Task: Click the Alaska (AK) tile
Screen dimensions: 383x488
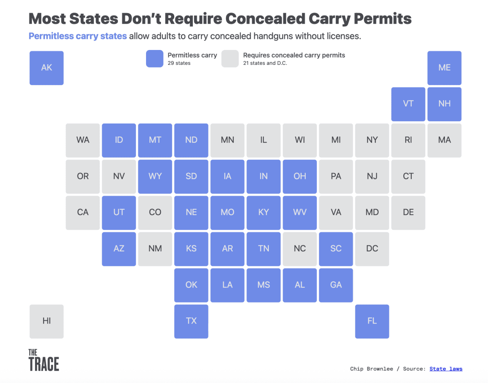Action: point(47,68)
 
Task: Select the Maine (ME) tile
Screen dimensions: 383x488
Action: point(444,68)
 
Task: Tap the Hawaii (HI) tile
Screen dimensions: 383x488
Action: point(47,321)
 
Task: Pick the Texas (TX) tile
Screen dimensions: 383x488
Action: point(191,321)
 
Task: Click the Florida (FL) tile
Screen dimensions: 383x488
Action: point(372,321)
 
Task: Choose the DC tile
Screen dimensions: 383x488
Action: point(372,249)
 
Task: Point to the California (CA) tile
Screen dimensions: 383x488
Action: point(83,212)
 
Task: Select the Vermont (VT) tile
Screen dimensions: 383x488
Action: point(408,104)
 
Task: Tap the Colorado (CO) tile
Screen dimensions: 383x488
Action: point(155,212)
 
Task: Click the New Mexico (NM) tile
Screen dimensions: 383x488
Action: point(155,249)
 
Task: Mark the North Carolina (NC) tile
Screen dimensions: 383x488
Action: point(300,249)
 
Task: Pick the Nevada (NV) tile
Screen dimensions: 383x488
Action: point(119,176)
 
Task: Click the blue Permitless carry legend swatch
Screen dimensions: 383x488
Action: point(154,59)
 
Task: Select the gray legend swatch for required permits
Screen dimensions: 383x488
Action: point(230,59)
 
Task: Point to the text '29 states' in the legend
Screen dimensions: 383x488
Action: point(179,63)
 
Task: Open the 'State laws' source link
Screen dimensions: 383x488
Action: point(446,369)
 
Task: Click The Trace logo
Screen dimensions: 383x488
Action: point(44,360)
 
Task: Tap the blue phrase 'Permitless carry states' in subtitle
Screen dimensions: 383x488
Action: point(78,36)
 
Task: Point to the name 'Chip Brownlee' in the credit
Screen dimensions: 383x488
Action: point(371,369)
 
